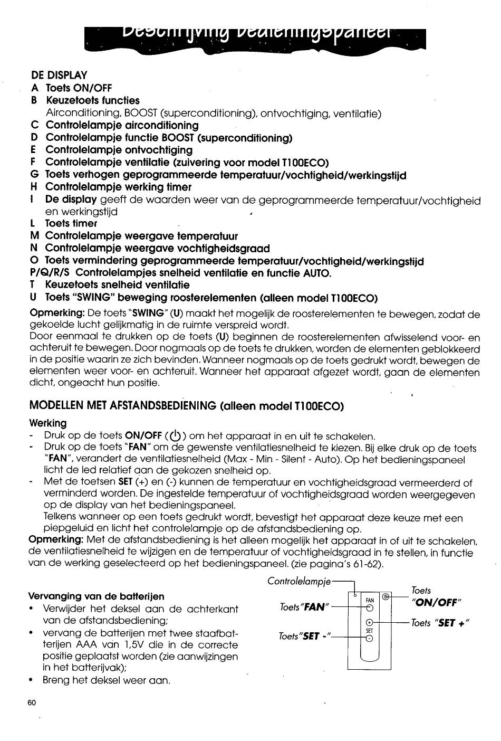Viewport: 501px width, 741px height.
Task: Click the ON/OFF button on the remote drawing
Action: (x=386, y=597)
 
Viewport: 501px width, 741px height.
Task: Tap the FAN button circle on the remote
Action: (x=369, y=607)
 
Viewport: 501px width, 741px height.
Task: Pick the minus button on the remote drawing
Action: (x=369, y=638)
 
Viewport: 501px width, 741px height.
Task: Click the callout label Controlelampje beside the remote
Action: (x=299, y=582)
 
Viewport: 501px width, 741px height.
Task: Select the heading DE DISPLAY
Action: (x=59, y=75)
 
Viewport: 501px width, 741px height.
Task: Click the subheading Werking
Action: (x=48, y=423)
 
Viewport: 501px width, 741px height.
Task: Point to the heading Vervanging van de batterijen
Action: (x=95, y=596)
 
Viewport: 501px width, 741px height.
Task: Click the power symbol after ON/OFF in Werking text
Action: (x=175, y=436)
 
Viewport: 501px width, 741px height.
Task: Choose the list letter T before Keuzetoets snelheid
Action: (x=34, y=286)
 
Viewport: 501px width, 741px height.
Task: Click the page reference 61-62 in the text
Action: (x=365, y=564)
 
